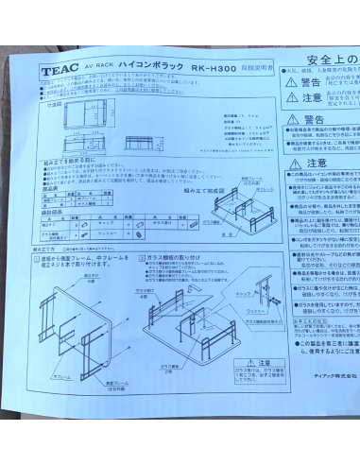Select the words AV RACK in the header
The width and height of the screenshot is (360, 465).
point(100,68)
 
